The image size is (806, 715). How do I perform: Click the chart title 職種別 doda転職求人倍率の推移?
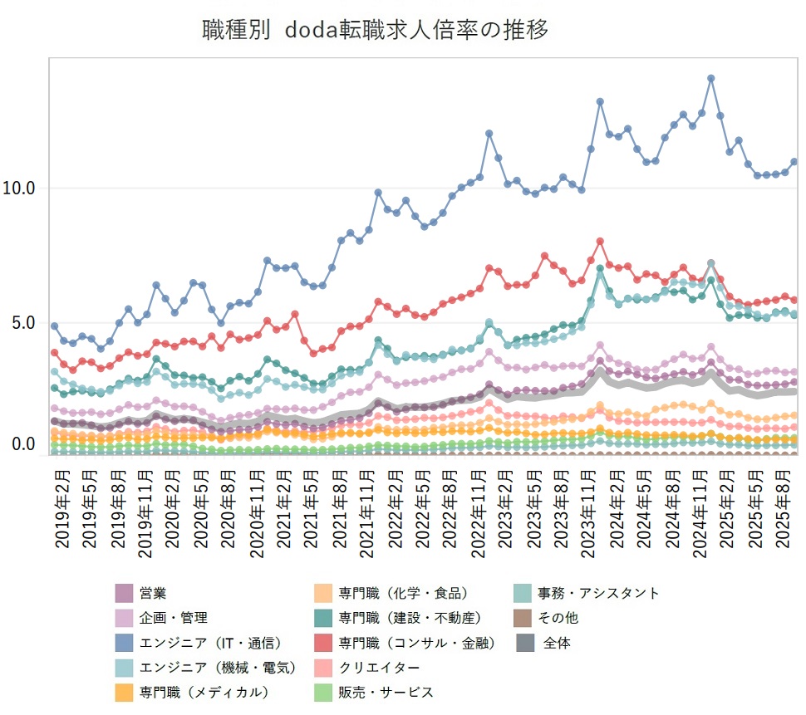tap(376, 31)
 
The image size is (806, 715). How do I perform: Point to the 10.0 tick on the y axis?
tap(20, 189)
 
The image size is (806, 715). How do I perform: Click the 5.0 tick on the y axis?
tap(20, 322)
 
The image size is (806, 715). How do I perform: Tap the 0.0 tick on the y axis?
tap(20, 445)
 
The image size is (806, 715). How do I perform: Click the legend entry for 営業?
tap(153, 593)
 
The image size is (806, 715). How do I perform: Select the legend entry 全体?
tap(557, 643)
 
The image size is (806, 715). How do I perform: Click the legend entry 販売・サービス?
tap(386, 692)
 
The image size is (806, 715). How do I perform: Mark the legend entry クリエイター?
tap(379, 668)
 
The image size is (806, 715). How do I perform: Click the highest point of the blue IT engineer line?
tap(711, 78)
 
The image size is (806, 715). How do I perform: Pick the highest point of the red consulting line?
tap(600, 242)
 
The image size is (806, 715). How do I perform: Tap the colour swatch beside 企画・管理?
tap(125, 618)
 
